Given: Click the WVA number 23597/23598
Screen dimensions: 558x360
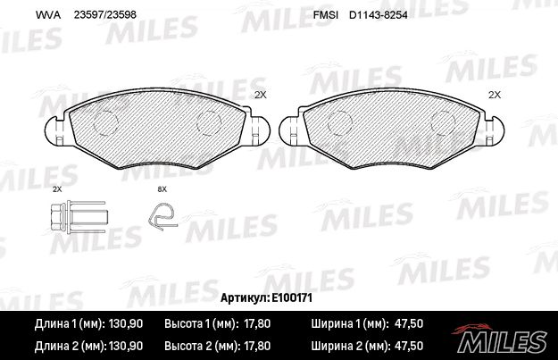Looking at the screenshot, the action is click(105, 15).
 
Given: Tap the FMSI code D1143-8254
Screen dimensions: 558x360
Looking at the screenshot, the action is click(378, 15).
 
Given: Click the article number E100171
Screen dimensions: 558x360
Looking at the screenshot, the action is click(292, 297).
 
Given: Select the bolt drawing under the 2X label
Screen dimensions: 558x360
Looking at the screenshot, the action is click(79, 217).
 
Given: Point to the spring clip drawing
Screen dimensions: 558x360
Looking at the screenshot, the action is click(162, 217).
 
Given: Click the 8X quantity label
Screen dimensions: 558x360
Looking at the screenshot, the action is click(162, 189).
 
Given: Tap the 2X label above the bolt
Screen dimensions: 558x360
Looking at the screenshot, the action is click(57, 189).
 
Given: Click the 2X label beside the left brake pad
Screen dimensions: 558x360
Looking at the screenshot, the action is click(261, 95).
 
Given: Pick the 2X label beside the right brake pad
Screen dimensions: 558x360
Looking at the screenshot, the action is click(495, 95).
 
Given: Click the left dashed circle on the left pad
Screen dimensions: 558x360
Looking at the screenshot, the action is click(105, 123).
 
